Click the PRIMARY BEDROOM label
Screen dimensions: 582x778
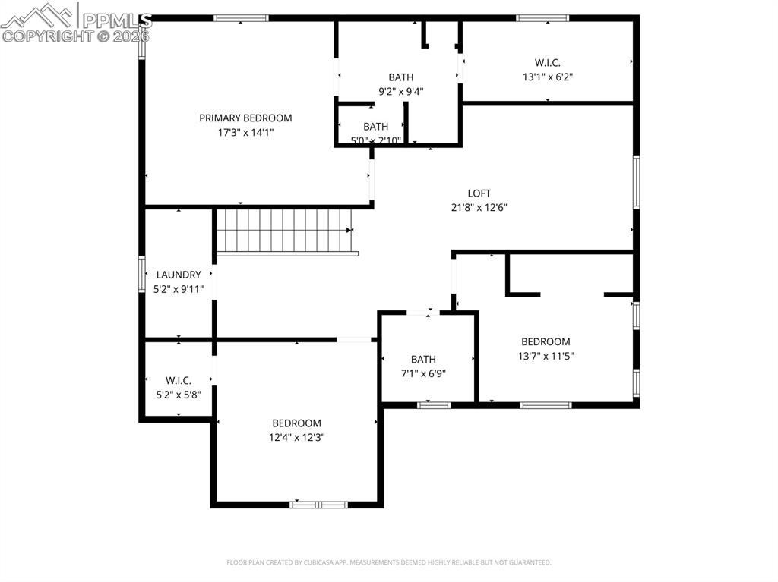(x=245, y=118)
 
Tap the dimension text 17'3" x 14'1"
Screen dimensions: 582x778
(x=245, y=132)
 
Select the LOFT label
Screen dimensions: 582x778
(x=479, y=193)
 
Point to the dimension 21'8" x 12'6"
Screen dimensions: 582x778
(x=479, y=207)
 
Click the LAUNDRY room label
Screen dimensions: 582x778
(x=179, y=275)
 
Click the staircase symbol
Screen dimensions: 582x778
(x=285, y=231)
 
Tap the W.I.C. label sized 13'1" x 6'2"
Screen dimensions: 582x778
(x=547, y=63)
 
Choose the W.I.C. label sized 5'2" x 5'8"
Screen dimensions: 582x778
(x=179, y=380)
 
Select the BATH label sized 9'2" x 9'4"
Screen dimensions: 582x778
(x=401, y=77)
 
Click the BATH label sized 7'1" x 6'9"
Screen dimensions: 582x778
(x=423, y=359)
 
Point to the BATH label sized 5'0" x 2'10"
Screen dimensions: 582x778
(x=375, y=127)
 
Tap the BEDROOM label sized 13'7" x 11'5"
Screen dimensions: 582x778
(x=546, y=341)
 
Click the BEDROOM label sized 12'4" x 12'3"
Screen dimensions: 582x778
(x=297, y=423)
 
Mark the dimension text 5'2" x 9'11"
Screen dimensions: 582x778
(x=179, y=288)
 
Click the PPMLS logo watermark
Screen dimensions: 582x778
(x=76, y=23)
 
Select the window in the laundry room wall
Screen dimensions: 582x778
(x=141, y=274)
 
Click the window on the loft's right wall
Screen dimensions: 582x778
(x=636, y=182)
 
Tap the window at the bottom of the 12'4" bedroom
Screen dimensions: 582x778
(x=319, y=504)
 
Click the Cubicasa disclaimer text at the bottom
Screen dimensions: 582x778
(x=389, y=562)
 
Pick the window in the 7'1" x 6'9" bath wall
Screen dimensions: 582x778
(x=434, y=405)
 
